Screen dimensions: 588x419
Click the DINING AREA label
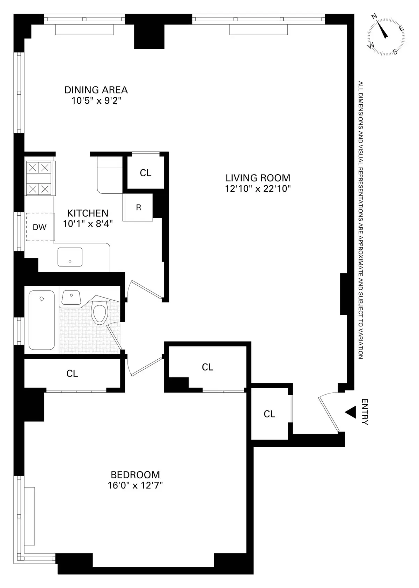click(x=96, y=90)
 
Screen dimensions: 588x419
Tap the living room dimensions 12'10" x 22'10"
click(x=258, y=189)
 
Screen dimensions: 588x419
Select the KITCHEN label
click(x=88, y=213)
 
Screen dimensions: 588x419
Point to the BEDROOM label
click(x=135, y=475)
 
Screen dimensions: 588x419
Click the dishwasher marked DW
click(x=40, y=227)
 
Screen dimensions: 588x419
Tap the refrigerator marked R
click(x=138, y=207)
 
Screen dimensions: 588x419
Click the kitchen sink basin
click(x=70, y=257)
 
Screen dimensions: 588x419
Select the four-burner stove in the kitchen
click(x=38, y=178)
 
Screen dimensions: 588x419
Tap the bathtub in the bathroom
click(x=42, y=320)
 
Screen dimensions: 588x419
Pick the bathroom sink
click(x=71, y=297)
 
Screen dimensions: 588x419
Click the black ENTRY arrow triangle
click(x=351, y=412)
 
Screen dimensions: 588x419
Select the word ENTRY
click(x=365, y=412)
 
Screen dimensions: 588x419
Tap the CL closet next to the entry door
click(x=269, y=414)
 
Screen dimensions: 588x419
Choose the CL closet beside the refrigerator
click(x=145, y=172)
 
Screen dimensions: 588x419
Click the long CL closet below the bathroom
click(x=72, y=373)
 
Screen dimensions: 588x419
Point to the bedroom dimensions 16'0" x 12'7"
click(x=135, y=485)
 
